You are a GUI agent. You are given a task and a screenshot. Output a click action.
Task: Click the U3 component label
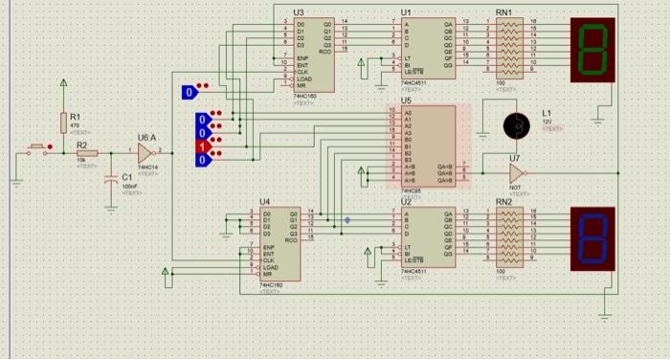(299, 11)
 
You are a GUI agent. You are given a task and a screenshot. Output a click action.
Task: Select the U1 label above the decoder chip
(407, 11)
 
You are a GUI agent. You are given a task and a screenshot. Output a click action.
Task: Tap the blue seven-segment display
(593, 236)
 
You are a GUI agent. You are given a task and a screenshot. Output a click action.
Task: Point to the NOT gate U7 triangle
(516, 173)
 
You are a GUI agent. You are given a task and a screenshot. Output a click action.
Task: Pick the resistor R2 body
(82, 153)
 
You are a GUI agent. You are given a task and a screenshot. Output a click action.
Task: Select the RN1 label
(504, 11)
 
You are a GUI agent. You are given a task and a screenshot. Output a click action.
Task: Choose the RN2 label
(504, 201)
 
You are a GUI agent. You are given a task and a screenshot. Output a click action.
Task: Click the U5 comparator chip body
(429, 143)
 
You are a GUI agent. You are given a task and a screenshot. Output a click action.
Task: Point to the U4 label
(265, 201)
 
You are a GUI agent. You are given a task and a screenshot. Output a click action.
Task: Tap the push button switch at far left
(37, 150)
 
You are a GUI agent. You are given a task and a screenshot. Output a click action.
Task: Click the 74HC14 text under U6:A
(146, 168)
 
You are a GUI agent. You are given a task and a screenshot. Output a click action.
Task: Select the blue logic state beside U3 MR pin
(190, 92)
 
